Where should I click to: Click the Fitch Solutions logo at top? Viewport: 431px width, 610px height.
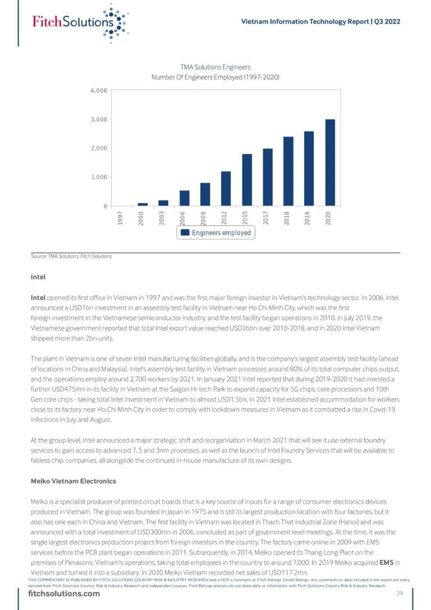(x=79, y=22)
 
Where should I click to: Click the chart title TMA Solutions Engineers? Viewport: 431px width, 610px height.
(x=215, y=67)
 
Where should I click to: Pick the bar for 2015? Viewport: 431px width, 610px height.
(x=247, y=180)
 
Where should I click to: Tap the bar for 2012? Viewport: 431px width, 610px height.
(x=226, y=189)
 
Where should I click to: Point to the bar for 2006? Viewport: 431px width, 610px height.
(x=185, y=198)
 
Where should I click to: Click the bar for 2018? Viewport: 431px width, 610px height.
(x=288, y=171)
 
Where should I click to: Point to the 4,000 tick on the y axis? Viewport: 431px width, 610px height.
(x=99, y=90)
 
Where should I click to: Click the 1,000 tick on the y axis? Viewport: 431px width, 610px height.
(x=99, y=177)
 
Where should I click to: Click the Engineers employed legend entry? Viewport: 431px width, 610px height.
(x=216, y=233)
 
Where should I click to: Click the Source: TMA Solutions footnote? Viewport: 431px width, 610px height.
(x=71, y=256)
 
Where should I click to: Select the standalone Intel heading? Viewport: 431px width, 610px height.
(x=38, y=277)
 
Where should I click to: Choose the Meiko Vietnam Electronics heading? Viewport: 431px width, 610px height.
(x=74, y=481)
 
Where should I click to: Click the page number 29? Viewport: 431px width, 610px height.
(x=400, y=594)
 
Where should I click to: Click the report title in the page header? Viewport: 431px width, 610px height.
(x=320, y=21)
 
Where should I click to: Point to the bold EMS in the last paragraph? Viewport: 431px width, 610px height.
(x=386, y=563)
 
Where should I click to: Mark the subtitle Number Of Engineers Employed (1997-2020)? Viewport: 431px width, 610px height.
(x=215, y=77)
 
